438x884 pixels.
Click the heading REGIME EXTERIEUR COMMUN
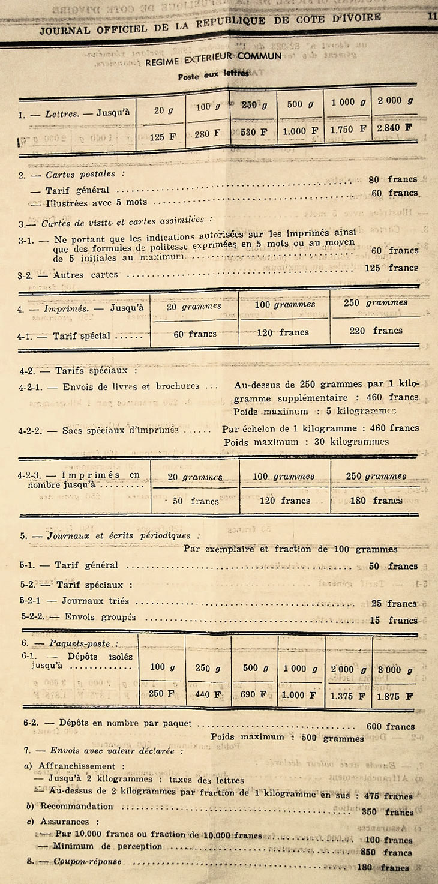pos(214,58)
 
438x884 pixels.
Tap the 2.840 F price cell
pos(395,128)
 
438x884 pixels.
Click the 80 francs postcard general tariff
pos(393,179)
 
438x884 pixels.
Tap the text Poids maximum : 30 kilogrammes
pos(306,442)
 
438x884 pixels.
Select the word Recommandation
pos(77,806)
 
